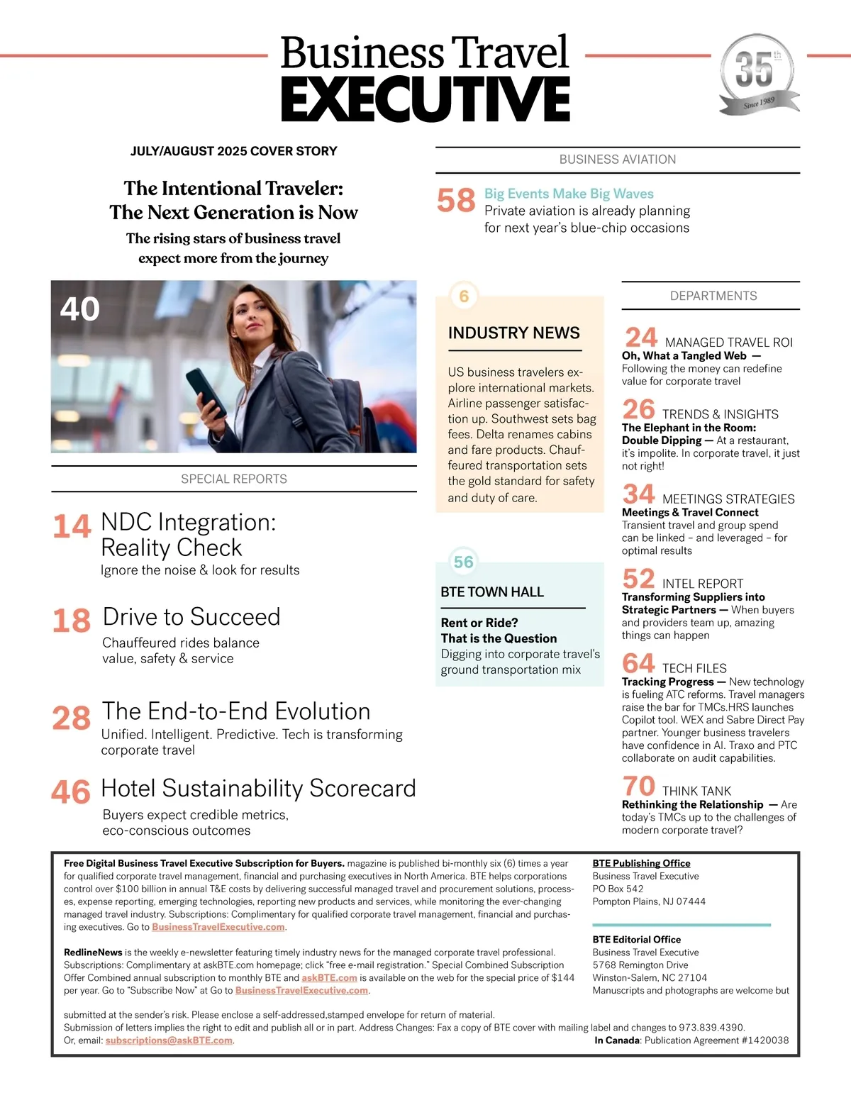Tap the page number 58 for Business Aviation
456,201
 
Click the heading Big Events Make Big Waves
569,194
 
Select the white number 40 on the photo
79,309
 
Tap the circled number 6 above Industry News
464,296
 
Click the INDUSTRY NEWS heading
513,333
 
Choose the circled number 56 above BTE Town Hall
463,562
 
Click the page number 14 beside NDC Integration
72,526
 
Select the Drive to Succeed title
191,617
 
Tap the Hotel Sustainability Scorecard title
258,789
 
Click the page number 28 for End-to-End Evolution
71,718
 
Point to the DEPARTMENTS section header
713,296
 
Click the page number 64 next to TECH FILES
638,663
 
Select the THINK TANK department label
696,791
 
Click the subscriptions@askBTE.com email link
169,1040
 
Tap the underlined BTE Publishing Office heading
641,863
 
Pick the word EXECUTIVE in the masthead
425,99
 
